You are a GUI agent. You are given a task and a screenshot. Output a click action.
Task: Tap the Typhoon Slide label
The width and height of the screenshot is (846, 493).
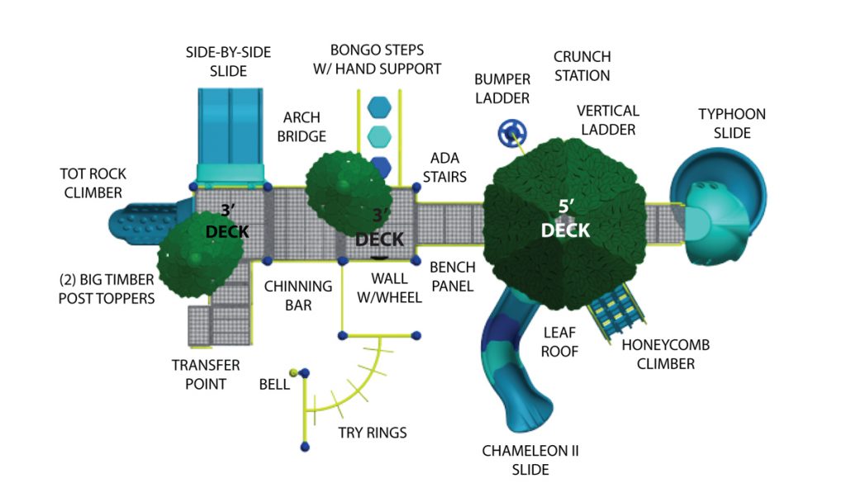(731, 123)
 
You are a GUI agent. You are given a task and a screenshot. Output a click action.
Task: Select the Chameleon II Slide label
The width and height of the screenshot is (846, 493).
(517, 460)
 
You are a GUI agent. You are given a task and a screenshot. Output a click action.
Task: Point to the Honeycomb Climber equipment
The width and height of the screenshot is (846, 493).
(616, 314)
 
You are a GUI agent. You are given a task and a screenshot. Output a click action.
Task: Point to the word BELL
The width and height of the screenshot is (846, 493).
(274, 384)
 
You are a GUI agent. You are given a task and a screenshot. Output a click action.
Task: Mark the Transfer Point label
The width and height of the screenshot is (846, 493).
(206, 374)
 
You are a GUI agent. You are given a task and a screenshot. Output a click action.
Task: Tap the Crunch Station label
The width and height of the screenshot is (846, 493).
(582, 66)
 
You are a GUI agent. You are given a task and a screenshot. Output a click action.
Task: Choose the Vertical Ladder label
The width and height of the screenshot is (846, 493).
(607, 120)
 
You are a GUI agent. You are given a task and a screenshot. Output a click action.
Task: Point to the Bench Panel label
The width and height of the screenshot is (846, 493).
(452, 277)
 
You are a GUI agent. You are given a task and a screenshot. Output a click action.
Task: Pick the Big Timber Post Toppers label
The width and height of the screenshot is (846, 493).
(107, 289)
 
